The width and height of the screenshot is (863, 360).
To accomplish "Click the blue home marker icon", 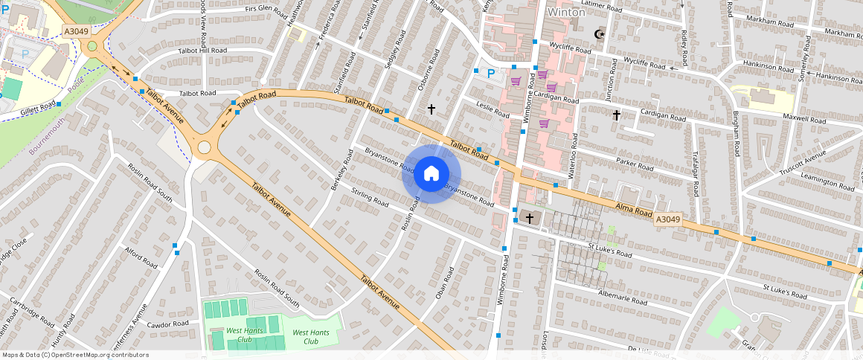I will [431, 174].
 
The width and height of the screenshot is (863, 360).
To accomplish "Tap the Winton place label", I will [566, 13].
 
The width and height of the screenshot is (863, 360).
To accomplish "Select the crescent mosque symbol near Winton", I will [598, 34].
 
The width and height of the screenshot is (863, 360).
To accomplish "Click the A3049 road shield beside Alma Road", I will [668, 219].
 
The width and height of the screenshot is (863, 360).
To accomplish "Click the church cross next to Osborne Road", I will [431, 109].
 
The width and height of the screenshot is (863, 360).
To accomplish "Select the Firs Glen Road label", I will [266, 11].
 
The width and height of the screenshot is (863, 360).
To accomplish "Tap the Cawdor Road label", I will [168, 324].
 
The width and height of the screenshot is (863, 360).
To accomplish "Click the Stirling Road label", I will [370, 197].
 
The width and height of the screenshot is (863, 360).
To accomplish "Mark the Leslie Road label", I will [493, 111].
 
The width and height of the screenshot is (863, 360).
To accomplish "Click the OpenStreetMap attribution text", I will [76, 355].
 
